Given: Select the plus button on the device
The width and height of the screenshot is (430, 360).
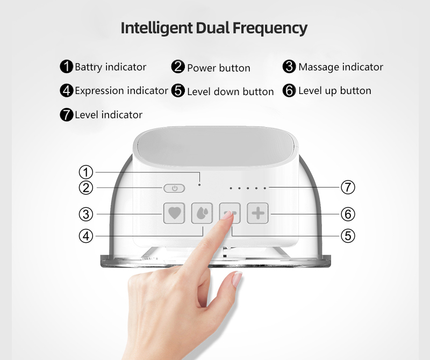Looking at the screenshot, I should [x=258, y=213].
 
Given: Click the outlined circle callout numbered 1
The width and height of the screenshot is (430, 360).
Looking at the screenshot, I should [x=86, y=172].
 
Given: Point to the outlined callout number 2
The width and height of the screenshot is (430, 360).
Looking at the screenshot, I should [x=86, y=188].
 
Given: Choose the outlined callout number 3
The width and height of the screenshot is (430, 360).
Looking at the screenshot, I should [x=86, y=214].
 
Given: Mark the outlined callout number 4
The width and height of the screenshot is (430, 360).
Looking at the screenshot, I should [x=86, y=235].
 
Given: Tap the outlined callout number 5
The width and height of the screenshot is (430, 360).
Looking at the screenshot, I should [x=348, y=235].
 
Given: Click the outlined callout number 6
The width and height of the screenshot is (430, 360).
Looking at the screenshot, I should [x=348, y=214].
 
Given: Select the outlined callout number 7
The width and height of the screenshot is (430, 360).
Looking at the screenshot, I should [x=348, y=188].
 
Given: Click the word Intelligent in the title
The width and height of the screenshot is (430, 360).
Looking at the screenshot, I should [x=156, y=28].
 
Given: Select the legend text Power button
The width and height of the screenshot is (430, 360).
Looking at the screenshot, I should [x=218, y=68].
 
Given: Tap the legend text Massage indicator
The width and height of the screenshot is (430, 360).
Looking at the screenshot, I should [x=341, y=67].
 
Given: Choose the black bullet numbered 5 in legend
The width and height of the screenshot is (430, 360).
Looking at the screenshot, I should [x=178, y=91].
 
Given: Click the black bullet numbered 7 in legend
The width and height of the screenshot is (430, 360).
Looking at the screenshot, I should [x=67, y=114].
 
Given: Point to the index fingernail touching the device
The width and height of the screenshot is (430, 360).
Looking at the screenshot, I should [x=228, y=215].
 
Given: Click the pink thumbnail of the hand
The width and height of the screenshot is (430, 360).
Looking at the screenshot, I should [x=236, y=279].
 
